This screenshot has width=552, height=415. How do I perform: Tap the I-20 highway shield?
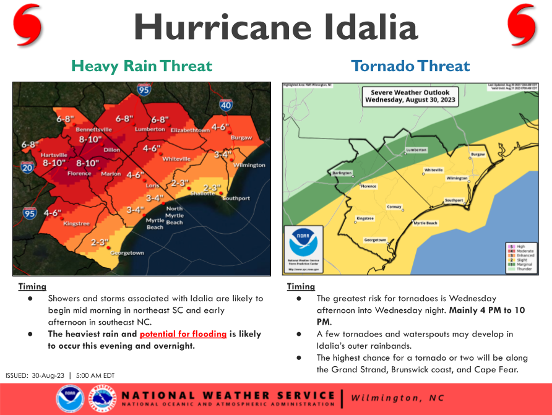pos(27,167)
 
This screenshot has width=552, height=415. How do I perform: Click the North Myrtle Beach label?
pos(174,215)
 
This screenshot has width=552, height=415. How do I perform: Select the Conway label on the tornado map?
pos(394,207)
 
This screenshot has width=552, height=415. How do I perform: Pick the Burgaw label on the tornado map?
pos(477,153)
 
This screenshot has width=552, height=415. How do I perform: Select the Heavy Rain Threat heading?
pos(142,66)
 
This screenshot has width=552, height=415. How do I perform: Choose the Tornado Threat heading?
pos(410,66)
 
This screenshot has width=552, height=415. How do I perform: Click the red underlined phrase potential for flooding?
pos(183,334)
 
